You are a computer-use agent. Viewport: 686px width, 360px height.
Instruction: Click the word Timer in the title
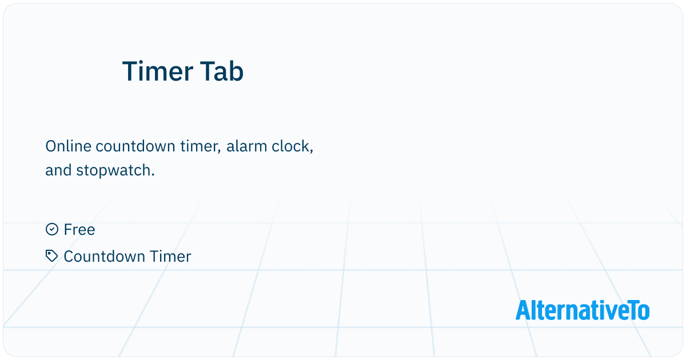pos(157,71)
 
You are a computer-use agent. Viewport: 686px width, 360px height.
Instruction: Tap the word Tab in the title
pos(222,71)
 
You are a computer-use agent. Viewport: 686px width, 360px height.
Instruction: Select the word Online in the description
pos(68,146)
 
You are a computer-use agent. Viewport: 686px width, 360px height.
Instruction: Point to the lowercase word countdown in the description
pos(135,146)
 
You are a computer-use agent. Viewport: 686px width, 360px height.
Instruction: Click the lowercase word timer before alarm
pos(201,147)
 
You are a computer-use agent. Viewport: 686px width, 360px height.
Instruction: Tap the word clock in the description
pos(292,147)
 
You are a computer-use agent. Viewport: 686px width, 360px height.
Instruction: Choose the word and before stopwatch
pos(58,170)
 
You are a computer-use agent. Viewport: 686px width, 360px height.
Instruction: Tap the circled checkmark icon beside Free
pos(52,229)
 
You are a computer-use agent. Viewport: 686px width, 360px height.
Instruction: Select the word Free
pos(79,230)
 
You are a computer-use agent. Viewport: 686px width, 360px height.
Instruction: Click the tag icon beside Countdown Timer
pos(52,256)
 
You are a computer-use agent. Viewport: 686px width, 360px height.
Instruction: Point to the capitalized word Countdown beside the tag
pos(104,257)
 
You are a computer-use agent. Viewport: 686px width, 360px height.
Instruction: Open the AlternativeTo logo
pos(583,310)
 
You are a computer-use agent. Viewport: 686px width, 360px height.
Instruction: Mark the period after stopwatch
pos(153,175)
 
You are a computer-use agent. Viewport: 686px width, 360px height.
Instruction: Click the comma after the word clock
pos(312,151)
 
